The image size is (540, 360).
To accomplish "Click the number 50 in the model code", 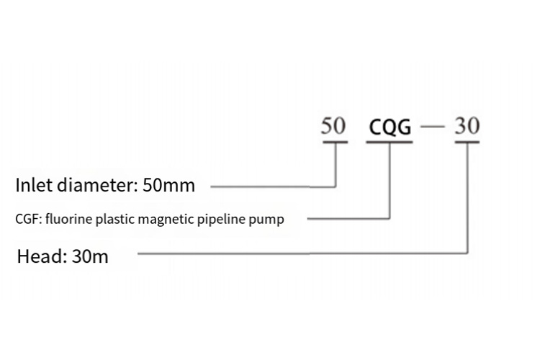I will tap(333, 127).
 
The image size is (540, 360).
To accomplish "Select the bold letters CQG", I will tap(390, 128).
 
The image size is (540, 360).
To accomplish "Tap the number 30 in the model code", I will tap(467, 127).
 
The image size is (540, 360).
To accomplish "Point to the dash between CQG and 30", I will tap(434, 128).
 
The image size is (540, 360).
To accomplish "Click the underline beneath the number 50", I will tap(335, 142).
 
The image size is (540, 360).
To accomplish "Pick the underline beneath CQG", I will tap(390, 142).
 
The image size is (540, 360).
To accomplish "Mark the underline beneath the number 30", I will tap(467, 142).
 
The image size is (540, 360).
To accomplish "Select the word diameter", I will tap(97, 185).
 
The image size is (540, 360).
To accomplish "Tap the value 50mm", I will tap(169, 185).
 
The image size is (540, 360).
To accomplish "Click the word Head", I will tap(39, 256).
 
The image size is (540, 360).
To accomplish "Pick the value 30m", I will tap(90, 256).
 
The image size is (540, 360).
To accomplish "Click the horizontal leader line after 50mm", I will tap(274, 186).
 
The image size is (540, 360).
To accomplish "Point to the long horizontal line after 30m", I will tap(302, 253).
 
